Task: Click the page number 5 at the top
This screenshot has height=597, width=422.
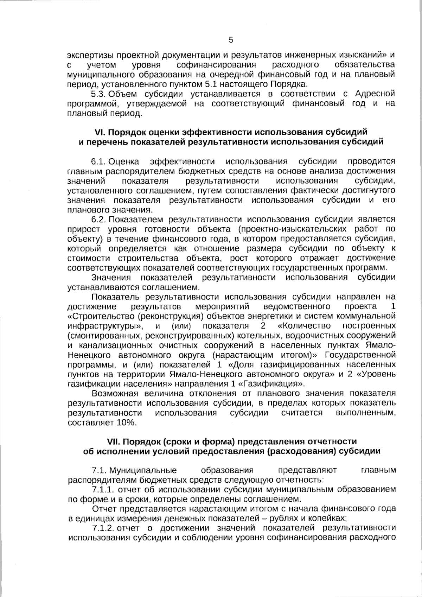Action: click(x=231, y=40)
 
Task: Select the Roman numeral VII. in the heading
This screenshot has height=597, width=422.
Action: click(x=113, y=442)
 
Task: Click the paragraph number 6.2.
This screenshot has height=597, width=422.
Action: click(x=99, y=220)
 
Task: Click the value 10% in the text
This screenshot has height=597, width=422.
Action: click(x=126, y=423)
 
